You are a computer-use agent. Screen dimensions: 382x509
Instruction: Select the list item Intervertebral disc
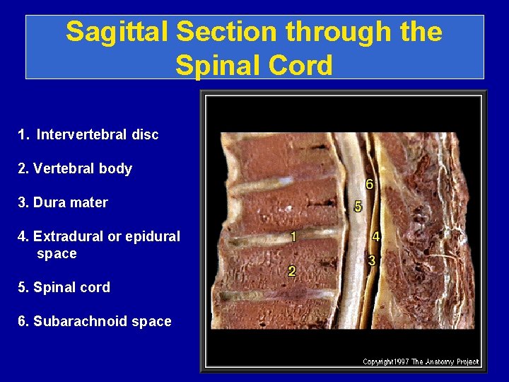(98, 134)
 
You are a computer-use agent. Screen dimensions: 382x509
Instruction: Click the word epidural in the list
(151, 236)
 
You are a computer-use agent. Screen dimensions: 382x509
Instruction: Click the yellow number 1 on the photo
(292, 237)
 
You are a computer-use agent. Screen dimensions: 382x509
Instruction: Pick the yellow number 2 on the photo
(291, 271)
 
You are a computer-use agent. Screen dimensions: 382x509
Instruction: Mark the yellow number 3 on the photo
(372, 260)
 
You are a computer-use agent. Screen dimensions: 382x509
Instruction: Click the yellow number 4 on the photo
(375, 236)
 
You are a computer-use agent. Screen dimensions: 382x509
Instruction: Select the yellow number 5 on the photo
(358, 207)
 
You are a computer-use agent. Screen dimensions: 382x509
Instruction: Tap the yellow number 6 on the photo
(369, 184)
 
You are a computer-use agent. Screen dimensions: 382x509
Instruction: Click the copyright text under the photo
(421, 361)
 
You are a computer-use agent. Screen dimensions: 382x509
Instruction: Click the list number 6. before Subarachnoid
(23, 321)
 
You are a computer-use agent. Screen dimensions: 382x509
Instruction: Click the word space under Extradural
(57, 253)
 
